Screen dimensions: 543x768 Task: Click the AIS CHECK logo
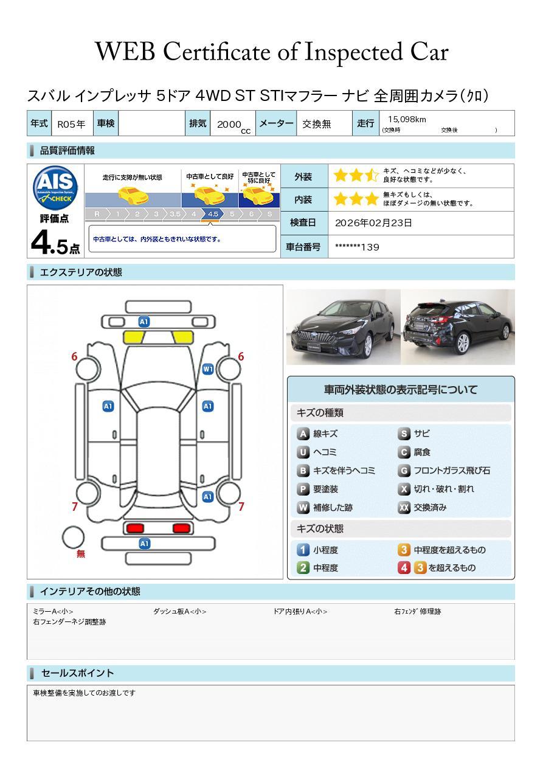point(55,188)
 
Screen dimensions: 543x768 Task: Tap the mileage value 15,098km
point(407,119)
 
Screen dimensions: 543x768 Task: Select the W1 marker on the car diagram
point(208,369)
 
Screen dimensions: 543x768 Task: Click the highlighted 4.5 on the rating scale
point(213,214)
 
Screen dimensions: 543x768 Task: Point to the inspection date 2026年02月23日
point(373,223)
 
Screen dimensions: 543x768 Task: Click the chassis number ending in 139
point(357,247)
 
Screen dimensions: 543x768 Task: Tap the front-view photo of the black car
point(343,327)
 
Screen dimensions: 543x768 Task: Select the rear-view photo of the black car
point(458,327)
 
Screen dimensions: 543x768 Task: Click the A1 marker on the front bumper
point(144,322)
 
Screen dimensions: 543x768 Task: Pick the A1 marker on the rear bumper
point(144,544)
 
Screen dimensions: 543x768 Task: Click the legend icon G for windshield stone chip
point(404,471)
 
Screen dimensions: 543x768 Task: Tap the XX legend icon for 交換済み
point(404,507)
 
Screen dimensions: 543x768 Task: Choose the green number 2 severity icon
point(303,568)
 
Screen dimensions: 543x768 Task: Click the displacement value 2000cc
point(233,126)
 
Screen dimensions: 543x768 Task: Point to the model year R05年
point(71,124)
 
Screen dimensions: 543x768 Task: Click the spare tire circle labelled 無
point(73,538)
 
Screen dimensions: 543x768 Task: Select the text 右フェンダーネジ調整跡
point(69,621)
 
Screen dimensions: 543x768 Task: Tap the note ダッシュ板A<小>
point(179,611)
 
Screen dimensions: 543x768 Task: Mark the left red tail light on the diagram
point(135,528)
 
